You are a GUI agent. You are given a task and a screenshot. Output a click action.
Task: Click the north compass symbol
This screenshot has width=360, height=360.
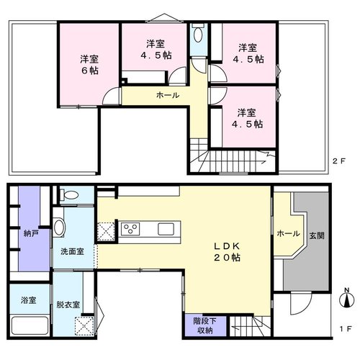(x=347, y=298)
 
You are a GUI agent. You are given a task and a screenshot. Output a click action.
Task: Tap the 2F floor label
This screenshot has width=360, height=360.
(x=338, y=161)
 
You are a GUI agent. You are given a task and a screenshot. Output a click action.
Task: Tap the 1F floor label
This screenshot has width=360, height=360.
(x=346, y=329)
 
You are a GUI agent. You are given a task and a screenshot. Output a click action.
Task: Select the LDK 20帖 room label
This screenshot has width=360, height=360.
(x=227, y=252)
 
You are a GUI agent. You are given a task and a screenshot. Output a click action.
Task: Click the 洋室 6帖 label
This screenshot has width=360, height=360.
(x=89, y=65)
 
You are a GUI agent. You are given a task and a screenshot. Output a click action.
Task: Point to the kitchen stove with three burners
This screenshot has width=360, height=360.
(x=130, y=229)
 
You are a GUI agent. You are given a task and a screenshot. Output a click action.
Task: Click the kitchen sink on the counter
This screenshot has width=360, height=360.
(x=166, y=229)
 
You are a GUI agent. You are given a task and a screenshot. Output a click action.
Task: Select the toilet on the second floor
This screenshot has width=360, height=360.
(x=198, y=35)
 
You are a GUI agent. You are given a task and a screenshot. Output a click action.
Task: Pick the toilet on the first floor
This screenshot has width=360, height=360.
(x=69, y=194)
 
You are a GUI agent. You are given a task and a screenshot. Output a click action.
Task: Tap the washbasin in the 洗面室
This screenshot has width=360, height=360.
(x=59, y=228)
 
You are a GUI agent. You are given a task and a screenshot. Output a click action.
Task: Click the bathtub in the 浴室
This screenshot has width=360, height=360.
(x=30, y=325)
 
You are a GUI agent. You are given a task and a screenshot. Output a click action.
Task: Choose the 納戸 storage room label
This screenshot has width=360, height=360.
(x=30, y=233)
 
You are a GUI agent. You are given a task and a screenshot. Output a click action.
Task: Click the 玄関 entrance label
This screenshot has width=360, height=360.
(x=317, y=235)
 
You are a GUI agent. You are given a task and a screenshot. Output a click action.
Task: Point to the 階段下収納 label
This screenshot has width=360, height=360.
(x=205, y=325)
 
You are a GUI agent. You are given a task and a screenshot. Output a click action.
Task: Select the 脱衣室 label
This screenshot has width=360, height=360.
(x=68, y=305)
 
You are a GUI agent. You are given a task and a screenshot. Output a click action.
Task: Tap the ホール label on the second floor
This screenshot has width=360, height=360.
(x=168, y=95)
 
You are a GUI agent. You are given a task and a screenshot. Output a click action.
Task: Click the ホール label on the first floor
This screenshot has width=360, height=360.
(x=288, y=233)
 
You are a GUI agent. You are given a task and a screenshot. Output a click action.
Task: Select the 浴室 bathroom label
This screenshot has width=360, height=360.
(x=29, y=300)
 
